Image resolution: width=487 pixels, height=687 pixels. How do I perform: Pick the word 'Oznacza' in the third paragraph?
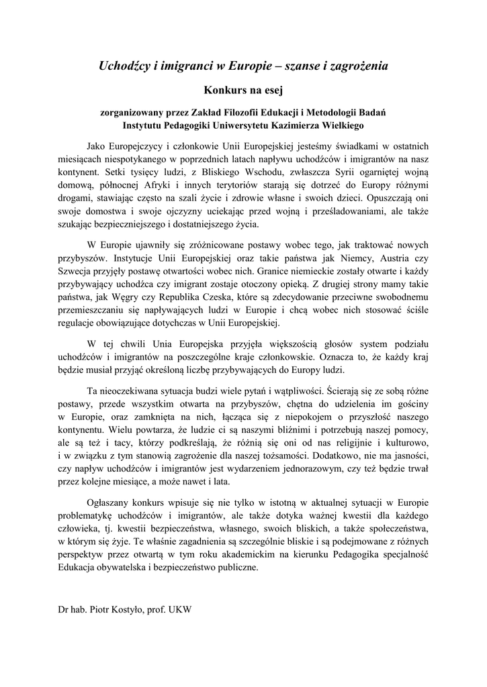341,355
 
